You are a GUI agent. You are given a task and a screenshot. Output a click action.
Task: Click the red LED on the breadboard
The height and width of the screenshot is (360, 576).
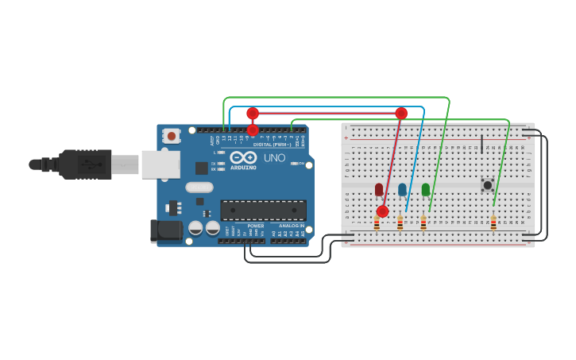point(379,189)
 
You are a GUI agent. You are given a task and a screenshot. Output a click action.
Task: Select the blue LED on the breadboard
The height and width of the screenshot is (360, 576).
point(402,189)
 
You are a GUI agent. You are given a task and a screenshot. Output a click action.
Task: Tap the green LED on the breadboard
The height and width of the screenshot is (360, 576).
point(426,189)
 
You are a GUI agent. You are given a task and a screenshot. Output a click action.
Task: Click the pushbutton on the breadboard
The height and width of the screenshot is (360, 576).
point(487,184)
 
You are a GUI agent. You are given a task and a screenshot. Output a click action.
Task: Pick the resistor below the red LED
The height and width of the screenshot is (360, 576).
point(377,224)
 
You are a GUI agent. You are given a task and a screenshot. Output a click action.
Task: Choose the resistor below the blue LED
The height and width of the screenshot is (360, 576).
point(400,224)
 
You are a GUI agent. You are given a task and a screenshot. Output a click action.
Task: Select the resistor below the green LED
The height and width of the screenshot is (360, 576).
point(423,224)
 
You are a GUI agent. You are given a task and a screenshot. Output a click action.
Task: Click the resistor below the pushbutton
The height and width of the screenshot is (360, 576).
point(493,224)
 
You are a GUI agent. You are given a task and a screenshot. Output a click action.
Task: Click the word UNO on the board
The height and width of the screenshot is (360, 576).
point(274,158)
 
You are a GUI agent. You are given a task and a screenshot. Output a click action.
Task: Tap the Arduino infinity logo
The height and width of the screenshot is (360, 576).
point(243,157)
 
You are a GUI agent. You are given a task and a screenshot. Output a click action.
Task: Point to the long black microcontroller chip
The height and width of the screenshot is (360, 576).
point(263,210)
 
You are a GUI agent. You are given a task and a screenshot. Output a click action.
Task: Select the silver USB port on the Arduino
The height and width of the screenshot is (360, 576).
point(160,165)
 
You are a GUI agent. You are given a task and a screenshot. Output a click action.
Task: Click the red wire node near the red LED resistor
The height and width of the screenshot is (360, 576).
point(382,211)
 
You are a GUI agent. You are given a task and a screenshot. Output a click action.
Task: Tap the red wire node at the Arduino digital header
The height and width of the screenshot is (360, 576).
point(253,130)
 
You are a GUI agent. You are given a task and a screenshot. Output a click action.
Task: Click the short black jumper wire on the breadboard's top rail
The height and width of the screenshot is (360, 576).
point(481,144)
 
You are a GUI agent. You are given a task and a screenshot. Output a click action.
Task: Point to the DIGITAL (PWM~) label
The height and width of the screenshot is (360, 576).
point(273,145)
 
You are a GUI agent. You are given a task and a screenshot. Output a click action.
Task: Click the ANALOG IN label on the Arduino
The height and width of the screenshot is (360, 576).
point(291,226)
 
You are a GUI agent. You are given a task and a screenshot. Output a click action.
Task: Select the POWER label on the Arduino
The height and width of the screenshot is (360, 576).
point(256,226)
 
